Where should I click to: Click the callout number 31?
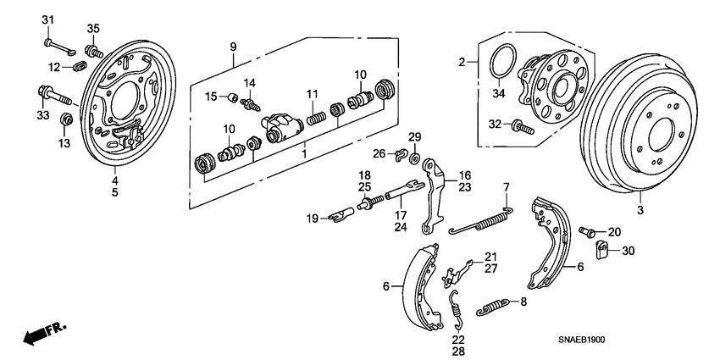(x=47, y=19)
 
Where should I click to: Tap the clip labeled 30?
(x=604, y=250)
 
